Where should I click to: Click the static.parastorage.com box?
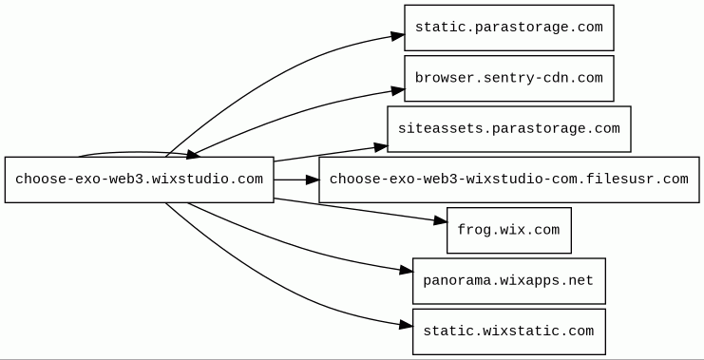[x=508, y=28]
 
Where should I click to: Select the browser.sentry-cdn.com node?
[x=508, y=79]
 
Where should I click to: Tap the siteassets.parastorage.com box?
[x=508, y=129]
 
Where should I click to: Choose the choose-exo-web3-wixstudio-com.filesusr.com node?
[x=508, y=180]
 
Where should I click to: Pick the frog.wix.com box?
[x=508, y=230]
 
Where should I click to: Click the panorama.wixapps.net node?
[x=508, y=281]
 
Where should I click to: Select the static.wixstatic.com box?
[x=508, y=332]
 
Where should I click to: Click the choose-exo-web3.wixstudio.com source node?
[x=139, y=180]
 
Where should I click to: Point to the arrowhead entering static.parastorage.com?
[x=398, y=36]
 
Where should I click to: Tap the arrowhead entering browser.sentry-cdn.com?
[x=398, y=90]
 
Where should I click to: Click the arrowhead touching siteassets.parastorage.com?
[x=381, y=147]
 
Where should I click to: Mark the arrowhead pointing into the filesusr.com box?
[x=312, y=180]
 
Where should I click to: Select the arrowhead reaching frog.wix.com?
[x=441, y=220]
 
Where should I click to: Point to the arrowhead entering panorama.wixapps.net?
[x=406, y=270]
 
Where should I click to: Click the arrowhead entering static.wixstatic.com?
[x=406, y=325]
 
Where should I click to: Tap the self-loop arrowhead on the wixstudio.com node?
[x=193, y=155]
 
